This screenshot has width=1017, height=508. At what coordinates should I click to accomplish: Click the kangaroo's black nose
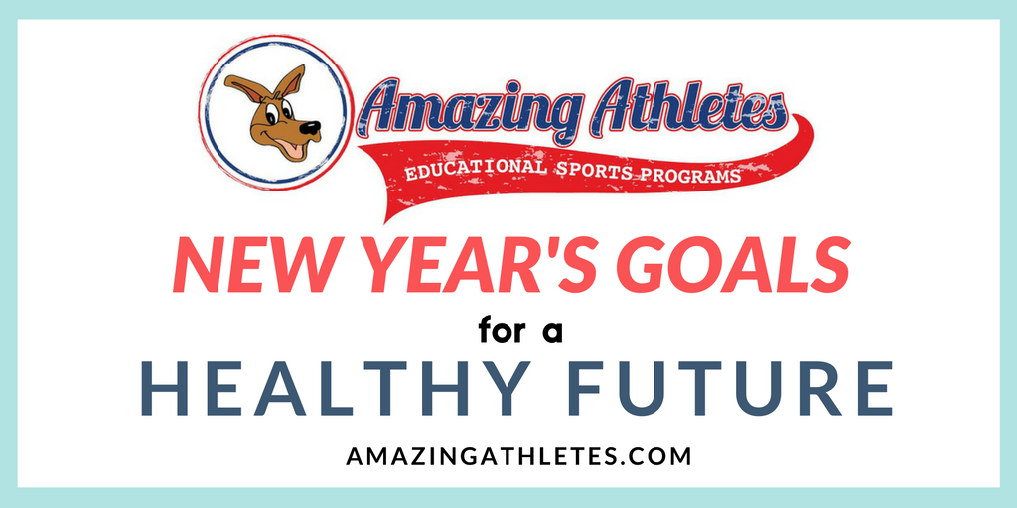311,128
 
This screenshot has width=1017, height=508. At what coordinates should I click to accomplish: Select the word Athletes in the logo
677,104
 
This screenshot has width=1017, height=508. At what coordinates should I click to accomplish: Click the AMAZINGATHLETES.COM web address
518,456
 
